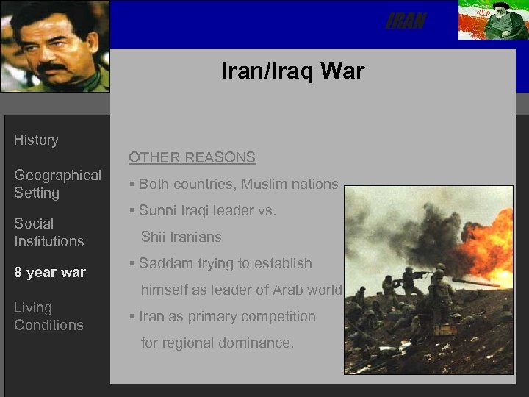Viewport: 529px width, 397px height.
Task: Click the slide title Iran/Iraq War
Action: (x=292, y=71)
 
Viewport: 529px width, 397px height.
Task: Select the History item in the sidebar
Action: (x=36, y=140)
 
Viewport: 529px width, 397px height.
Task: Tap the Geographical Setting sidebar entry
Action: (x=57, y=184)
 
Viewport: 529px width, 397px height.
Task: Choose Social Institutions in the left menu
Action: (x=48, y=232)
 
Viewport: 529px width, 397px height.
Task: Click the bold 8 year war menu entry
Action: (x=50, y=273)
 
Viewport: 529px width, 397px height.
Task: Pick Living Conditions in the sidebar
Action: (x=48, y=316)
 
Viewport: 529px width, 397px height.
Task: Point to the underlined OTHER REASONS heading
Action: (x=192, y=157)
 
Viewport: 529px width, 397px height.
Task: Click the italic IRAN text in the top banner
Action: (x=406, y=22)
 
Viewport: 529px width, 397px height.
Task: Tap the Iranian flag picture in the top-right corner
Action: (x=492, y=21)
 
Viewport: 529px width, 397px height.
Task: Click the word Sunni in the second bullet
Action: (x=158, y=211)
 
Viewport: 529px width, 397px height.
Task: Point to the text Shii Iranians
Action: (x=181, y=237)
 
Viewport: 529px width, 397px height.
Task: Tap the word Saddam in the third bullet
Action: (x=163, y=264)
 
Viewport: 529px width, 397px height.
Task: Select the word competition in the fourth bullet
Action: (x=280, y=317)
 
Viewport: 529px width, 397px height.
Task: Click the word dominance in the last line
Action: (x=254, y=343)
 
